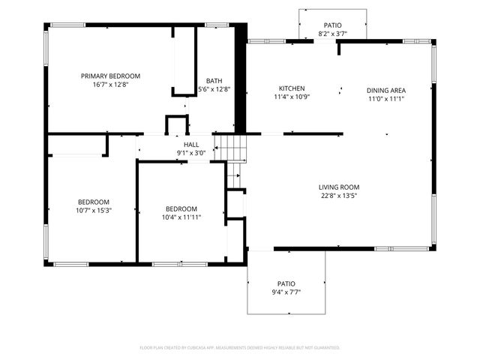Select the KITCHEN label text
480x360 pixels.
tap(292, 88)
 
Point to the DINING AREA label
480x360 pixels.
tap(385, 90)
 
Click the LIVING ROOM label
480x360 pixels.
tap(339, 187)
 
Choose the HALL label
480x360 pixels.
tap(191, 144)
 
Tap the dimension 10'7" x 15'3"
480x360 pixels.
tap(94, 211)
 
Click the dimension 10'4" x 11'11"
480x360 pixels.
tap(181, 217)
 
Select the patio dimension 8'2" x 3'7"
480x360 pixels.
tap(333, 34)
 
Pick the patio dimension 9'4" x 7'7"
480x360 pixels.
tap(286, 292)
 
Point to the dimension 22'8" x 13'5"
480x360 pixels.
tap(339, 196)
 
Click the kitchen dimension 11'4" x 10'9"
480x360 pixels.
tap(292, 97)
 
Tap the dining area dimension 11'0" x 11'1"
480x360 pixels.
tap(385, 99)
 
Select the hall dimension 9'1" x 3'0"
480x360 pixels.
tap(191, 153)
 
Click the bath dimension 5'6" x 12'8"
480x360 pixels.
tap(214, 89)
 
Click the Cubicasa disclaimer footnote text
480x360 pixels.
tap(240, 348)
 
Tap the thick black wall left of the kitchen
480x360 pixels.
tap(241, 79)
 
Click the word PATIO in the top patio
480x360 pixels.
tap(333, 25)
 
